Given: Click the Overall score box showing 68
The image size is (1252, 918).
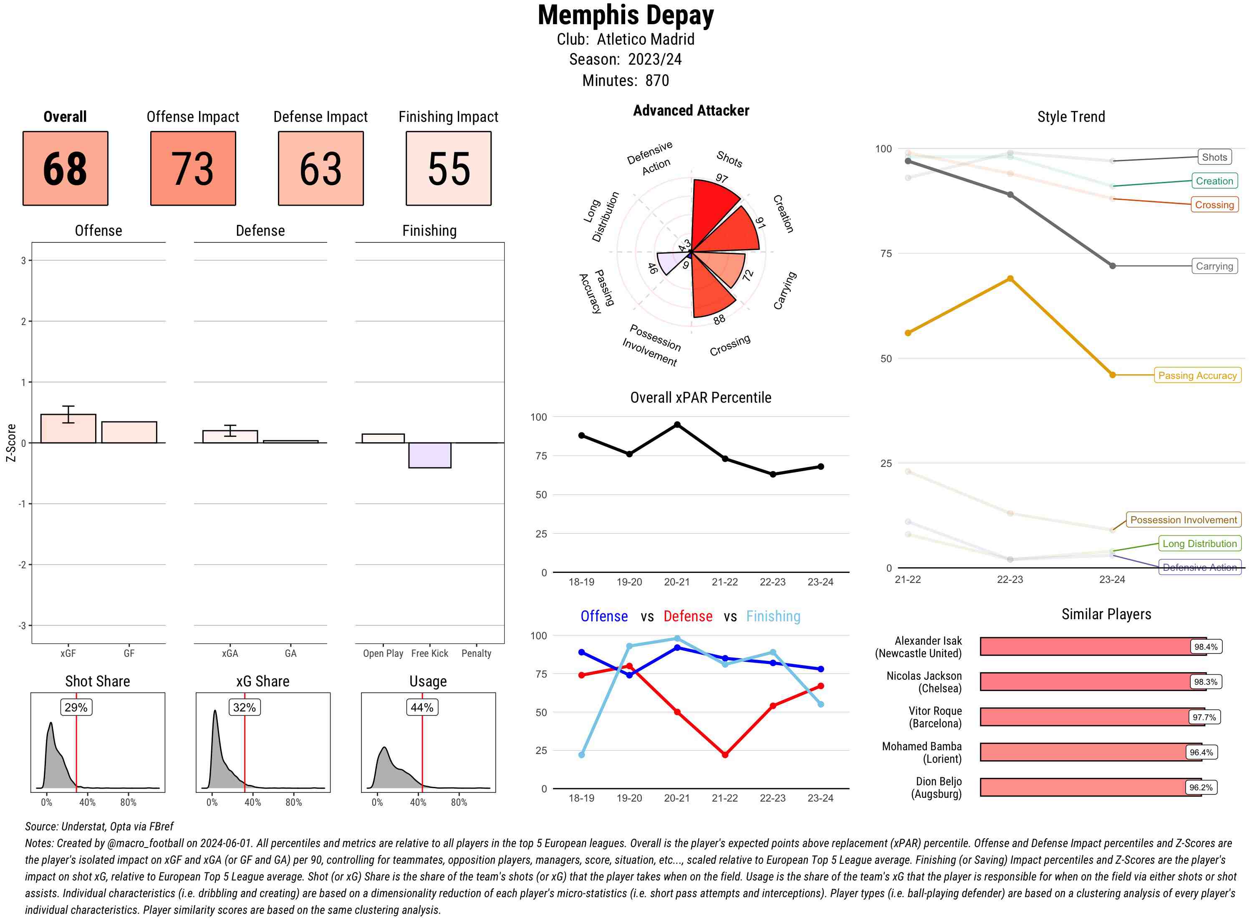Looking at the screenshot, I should pos(65,169).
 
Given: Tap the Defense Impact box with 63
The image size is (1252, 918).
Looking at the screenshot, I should pos(321,169).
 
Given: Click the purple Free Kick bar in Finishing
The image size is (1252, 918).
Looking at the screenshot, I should pos(429,455).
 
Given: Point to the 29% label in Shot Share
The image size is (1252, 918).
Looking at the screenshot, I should pos(76,707).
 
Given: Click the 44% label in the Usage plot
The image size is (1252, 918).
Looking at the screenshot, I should pos(422,707).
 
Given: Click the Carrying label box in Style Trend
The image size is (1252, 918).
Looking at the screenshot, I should pos(1214,266).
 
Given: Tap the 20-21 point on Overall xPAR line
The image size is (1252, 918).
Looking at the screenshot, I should pos(677,424).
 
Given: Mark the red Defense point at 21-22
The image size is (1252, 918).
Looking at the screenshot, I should pos(724,754).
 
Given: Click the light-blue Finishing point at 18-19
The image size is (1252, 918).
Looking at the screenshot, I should pos(581,754).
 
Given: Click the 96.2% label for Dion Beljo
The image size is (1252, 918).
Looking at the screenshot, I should pos(1200,787).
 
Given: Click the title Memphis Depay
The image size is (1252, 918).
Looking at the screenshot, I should pos(625,15).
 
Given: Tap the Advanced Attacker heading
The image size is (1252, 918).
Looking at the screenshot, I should pos(691,111).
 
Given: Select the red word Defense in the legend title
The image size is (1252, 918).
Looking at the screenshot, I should pos(687,616).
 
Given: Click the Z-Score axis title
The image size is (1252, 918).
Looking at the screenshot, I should pos(10,443).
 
